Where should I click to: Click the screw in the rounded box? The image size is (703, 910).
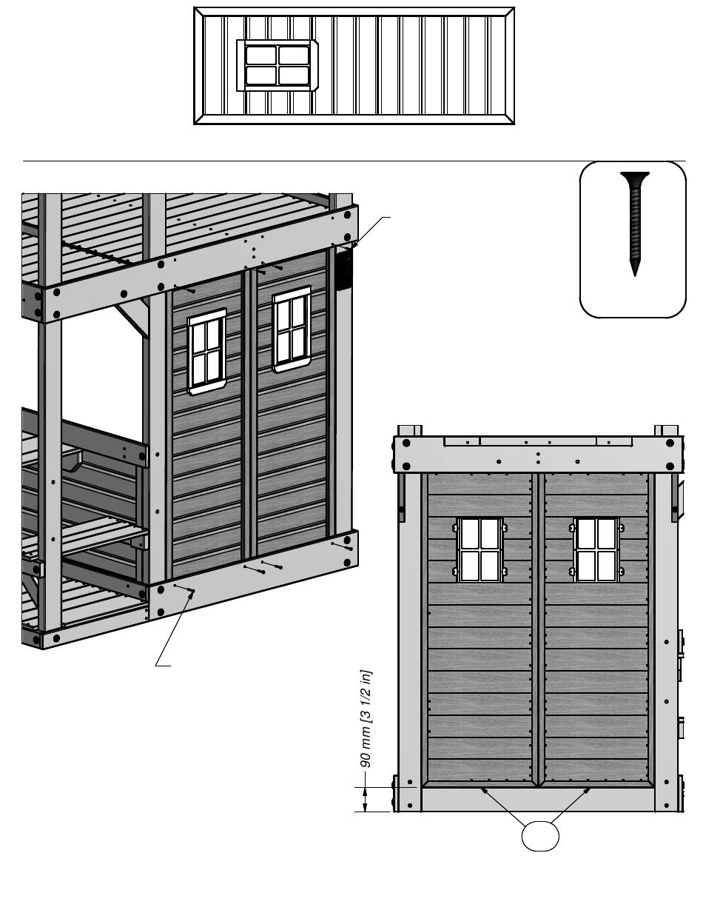tap(635, 224)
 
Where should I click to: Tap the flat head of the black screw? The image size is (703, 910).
tap(635, 175)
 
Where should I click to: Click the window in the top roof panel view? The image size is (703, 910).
tap(277, 65)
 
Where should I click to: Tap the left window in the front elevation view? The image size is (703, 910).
tap(480, 549)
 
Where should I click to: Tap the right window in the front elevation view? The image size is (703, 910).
tap(596, 549)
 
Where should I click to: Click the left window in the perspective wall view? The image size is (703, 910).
tap(206, 352)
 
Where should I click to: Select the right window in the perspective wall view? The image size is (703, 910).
tap(292, 329)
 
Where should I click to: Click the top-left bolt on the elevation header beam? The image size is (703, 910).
tap(406, 443)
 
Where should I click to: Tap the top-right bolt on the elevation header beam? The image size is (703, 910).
tap(670, 443)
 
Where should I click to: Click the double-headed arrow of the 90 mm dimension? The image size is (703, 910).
tap(365, 800)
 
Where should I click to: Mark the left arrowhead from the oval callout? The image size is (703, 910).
tap(483, 789)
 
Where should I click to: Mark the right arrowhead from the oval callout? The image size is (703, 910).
tap(587, 790)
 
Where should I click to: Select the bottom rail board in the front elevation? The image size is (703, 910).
tap(538, 800)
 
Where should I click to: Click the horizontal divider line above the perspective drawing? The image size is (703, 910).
tap(354, 161)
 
